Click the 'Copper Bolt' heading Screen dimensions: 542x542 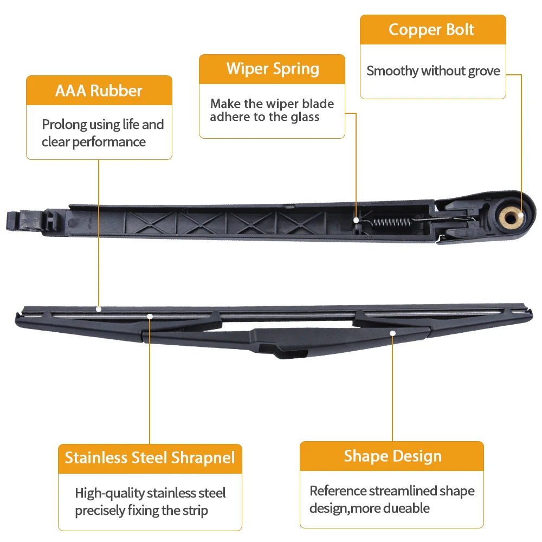(x=431, y=30)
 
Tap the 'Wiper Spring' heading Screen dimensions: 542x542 (x=273, y=69)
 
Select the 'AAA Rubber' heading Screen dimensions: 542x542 (x=99, y=91)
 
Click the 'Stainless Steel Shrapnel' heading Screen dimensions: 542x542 (x=150, y=457)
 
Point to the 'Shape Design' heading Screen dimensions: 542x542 (x=392, y=456)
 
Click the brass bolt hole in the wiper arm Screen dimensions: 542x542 (x=511, y=217)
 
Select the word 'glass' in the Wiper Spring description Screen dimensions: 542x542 (x=305, y=117)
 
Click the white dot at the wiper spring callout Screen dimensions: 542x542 (x=356, y=220)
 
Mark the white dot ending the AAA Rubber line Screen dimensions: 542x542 (x=99, y=309)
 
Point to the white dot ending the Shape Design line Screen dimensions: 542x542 (x=392, y=333)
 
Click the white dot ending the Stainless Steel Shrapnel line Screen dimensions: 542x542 (x=150, y=317)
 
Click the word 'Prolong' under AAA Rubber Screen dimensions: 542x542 (x=64, y=125)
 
